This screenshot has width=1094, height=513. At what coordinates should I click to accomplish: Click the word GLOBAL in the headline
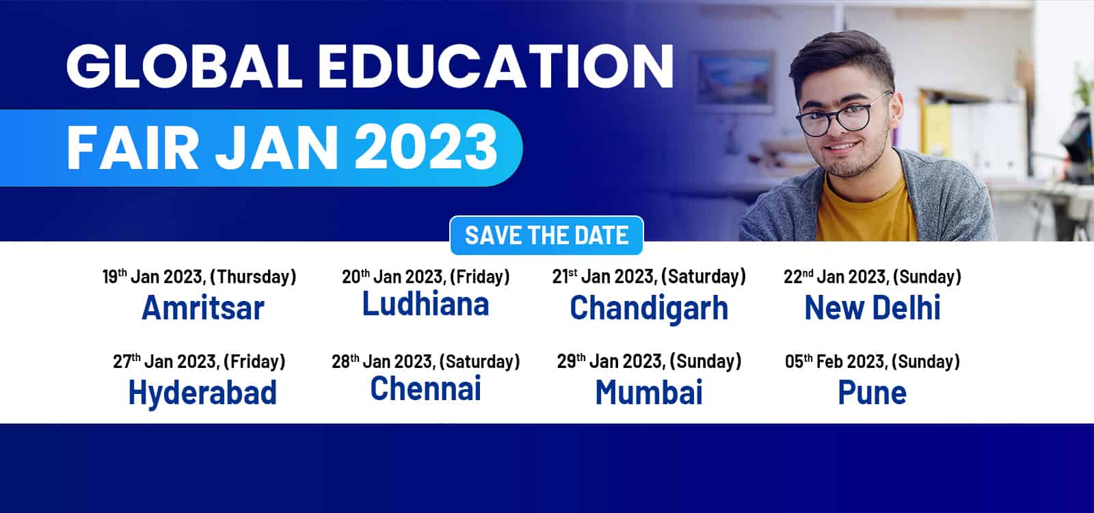[184, 67]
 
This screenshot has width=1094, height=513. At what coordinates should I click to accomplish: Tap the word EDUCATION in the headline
[496, 67]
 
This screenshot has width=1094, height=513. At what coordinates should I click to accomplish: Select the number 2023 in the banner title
[426, 147]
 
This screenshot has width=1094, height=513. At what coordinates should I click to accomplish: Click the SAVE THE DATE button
[546, 235]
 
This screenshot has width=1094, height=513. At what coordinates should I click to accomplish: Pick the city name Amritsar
[202, 308]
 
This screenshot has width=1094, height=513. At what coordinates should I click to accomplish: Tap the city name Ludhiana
[425, 304]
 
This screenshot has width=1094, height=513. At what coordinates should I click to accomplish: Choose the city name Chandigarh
[649, 308]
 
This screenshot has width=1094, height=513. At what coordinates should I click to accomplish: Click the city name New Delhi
[872, 308]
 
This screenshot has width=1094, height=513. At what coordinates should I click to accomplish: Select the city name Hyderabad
[202, 393]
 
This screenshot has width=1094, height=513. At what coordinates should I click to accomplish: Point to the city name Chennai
[425, 389]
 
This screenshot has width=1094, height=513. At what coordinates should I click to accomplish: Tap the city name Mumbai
[649, 393]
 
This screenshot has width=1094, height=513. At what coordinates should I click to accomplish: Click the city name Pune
[872, 393]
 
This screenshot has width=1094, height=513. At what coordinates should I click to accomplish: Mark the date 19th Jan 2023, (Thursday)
[199, 276]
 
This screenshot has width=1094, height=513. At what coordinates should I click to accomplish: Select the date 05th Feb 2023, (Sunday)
[872, 362]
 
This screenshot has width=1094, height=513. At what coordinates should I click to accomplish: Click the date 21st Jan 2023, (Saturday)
[649, 276]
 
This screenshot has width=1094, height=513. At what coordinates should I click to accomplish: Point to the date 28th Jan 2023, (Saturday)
[425, 362]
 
